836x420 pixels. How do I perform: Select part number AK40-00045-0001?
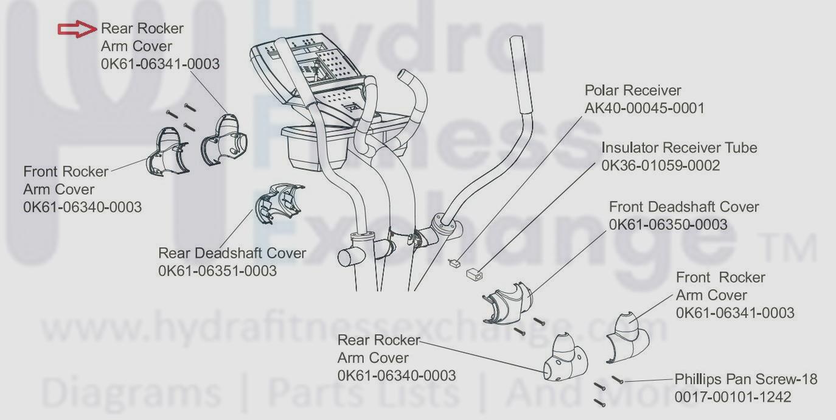point(644,108)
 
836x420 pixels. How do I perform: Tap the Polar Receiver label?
point(633,90)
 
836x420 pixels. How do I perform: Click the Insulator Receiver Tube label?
point(679,147)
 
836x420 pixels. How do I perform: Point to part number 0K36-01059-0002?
point(661,166)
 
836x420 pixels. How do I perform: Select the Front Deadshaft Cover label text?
point(684,207)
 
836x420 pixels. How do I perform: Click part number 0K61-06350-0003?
point(668,225)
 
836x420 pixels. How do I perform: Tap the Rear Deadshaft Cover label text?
point(232,253)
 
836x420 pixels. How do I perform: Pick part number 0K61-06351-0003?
point(217,270)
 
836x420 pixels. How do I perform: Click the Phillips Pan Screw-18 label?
point(746,379)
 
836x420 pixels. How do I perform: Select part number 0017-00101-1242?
point(733,397)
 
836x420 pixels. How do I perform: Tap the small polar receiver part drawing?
point(453,263)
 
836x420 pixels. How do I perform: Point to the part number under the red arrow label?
point(160,63)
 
